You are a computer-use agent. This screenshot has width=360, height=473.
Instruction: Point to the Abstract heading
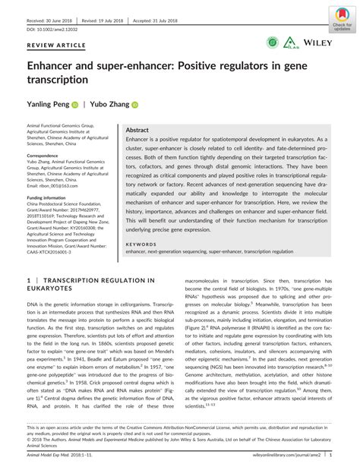[x=137, y=131]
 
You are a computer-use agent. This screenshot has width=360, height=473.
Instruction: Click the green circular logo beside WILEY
[x=272, y=44]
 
